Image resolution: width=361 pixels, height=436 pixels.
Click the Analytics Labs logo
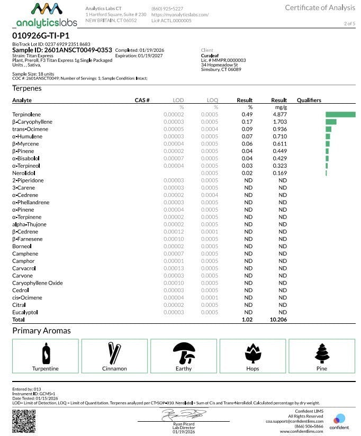click(x=47, y=15)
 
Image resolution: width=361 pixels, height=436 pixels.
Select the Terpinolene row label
click(x=26, y=114)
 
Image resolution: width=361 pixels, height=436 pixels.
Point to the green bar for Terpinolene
click(x=340, y=114)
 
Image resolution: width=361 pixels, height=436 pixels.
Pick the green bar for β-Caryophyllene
click(x=331, y=122)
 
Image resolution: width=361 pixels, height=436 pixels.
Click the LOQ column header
click(x=212, y=100)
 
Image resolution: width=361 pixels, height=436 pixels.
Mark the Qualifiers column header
click(x=309, y=100)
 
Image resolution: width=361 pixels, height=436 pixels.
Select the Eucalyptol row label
click(x=25, y=313)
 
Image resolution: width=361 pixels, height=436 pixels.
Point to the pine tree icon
click(x=322, y=352)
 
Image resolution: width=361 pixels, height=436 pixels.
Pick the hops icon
click(x=252, y=352)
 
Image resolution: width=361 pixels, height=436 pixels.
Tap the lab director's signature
click(x=183, y=413)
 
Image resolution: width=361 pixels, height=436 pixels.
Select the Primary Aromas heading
click(x=41, y=331)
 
